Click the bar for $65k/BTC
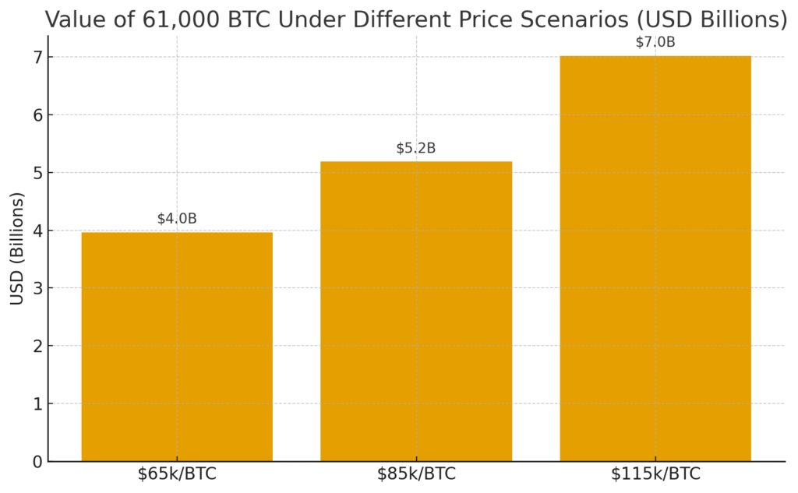[x=177, y=347]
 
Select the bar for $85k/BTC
[x=416, y=312]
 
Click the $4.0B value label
[x=177, y=219]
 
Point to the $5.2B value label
[x=416, y=148]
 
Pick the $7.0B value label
[x=655, y=42]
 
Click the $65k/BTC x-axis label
[x=177, y=474]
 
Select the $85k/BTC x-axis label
[x=416, y=474]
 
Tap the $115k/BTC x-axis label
[x=655, y=474]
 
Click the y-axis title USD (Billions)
[x=17, y=248]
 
